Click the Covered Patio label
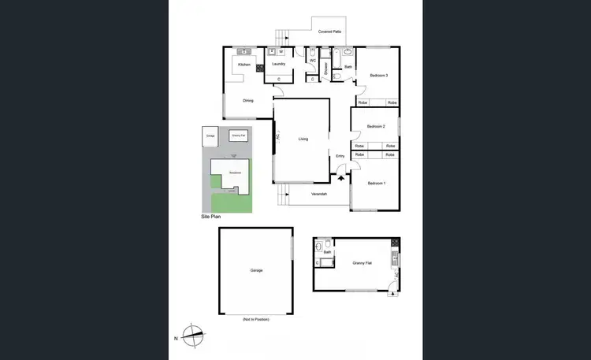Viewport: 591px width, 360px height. (x=329, y=32)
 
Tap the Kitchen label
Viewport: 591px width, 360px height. (x=244, y=65)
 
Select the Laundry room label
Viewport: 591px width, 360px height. (x=277, y=64)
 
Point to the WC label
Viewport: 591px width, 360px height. (x=313, y=61)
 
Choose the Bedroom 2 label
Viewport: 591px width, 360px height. (x=375, y=126)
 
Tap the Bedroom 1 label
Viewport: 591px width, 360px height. (x=377, y=183)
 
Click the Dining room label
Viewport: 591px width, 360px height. (x=247, y=100)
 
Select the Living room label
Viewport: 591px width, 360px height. (x=303, y=139)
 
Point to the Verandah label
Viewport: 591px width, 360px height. (x=319, y=193)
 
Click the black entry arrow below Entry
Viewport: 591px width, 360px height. (x=340, y=178)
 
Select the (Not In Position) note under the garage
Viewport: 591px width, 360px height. (x=256, y=319)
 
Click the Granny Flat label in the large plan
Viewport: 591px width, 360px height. (x=362, y=263)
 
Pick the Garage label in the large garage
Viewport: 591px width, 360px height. (x=256, y=270)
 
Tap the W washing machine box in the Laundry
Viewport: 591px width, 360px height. (x=281, y=52)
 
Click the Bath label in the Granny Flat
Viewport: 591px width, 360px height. (x=326, y=252)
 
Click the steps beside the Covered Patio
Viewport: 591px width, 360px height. (x=282, y=36)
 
